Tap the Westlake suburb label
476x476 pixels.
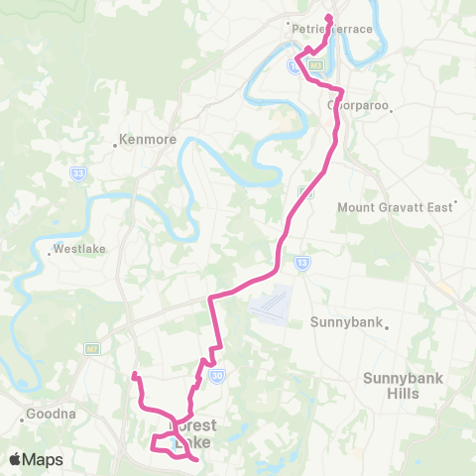pyautogui.click(x=78, y=249)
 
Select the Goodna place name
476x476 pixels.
pyautogui.click(x=45, y=415)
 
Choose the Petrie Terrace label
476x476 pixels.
pyautogui.click(x=333, y=29)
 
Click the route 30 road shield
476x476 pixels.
pyautogui.click(x=215, y=374)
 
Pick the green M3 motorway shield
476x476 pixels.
pyautogui.click(x=315, y=65)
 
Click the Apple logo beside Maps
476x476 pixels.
pyautogui.click(x=16, y=459)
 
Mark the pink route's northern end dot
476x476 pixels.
pyautogui.click(x=327, y=16)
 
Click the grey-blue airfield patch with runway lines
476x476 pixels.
pyautogui.click(x=272, y=303)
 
